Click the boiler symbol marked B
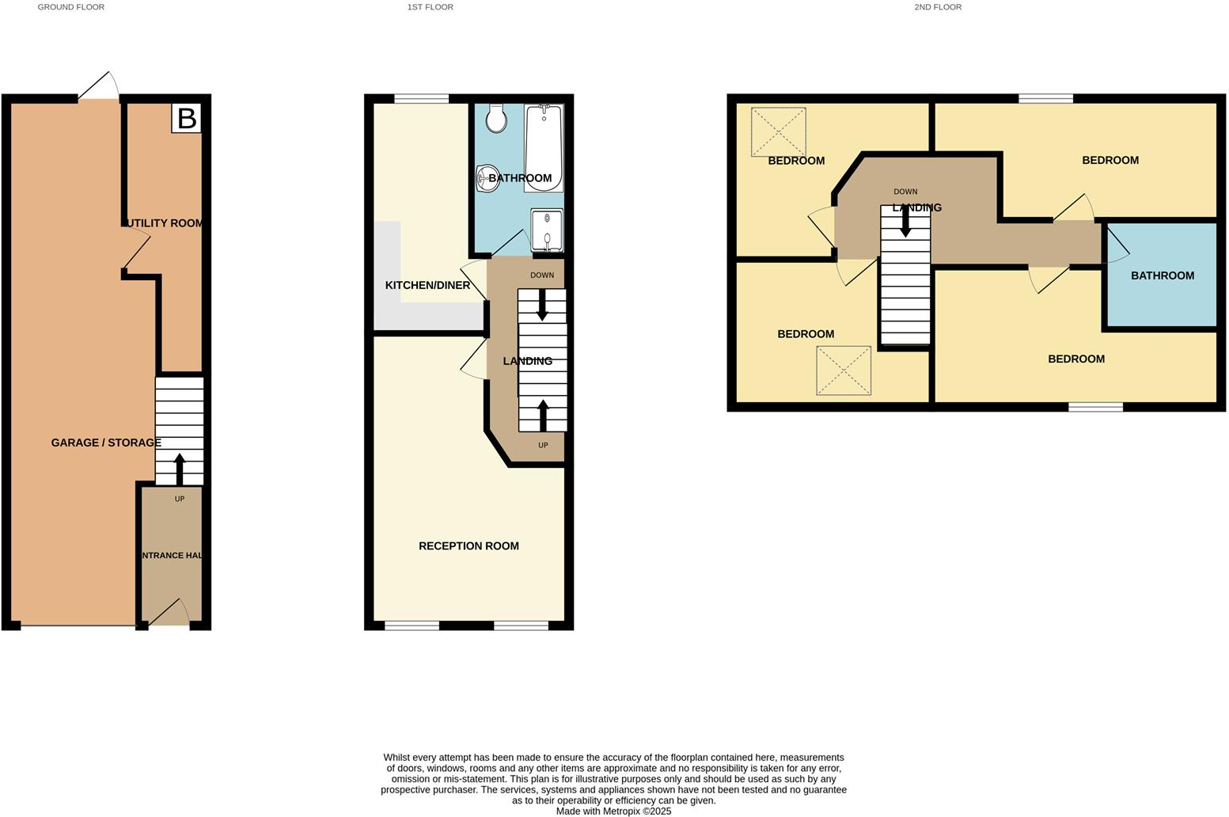pos(187,118)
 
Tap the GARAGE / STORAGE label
pos(106,443)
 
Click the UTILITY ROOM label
pos(164,223)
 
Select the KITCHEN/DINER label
pos(427,285)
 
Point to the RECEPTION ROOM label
pos(468,545)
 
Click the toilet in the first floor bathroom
pos(497,118)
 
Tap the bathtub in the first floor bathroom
pos(544,147)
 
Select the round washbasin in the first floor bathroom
pos(485,178)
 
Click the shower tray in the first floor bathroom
pos(547,230)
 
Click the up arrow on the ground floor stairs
pos(179,468)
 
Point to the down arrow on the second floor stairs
pos(905,222)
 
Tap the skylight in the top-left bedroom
pos(778,131)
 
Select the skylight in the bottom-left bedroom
pos(844,370)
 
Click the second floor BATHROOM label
pos(1162,275)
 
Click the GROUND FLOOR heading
pos(71,7)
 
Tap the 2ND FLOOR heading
pos(938,7)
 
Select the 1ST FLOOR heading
pos(430,7)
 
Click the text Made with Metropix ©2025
pos(613,811)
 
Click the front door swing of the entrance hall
pos(170,613)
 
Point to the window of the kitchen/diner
pos(421,99)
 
